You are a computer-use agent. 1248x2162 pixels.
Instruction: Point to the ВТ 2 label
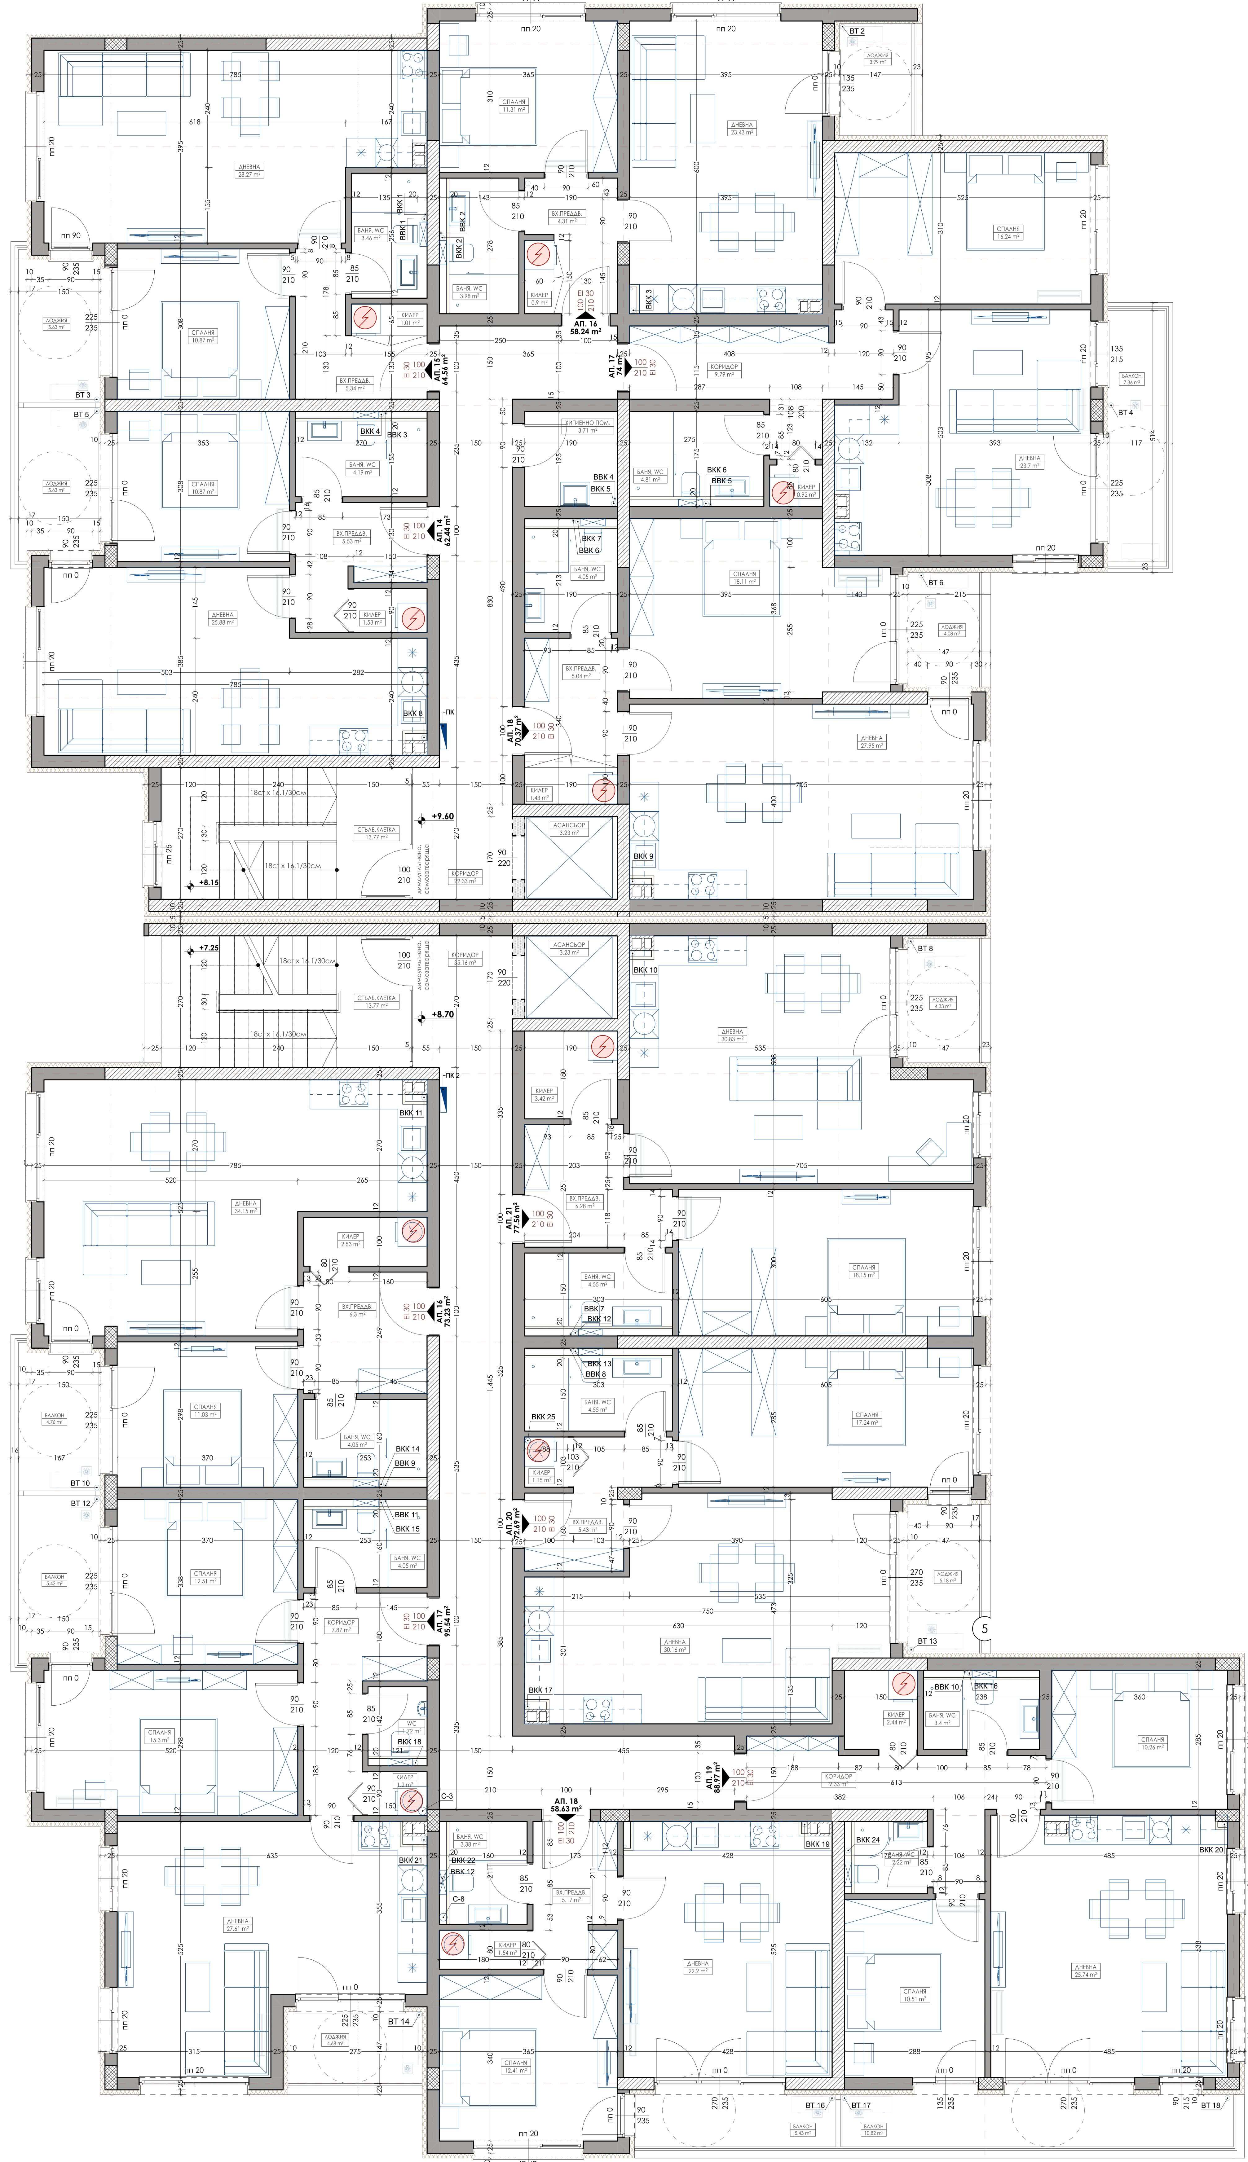tap(856, 31)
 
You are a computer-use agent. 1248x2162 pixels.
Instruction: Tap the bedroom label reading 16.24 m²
tap(1008, 233)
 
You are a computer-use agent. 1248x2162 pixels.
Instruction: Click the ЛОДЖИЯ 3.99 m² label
tap(878, 58)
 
